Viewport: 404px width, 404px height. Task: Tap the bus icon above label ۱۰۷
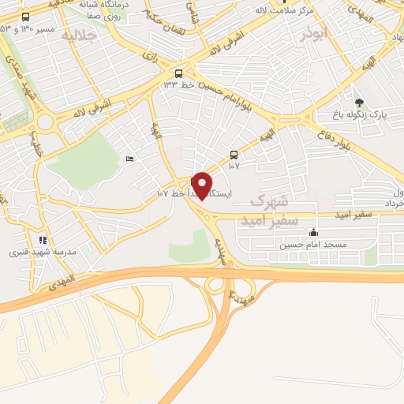tap(233, 155)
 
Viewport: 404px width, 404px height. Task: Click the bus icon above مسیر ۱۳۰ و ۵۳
tap(26, 17)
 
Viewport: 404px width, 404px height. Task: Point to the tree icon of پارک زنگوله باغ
tap(359, 103)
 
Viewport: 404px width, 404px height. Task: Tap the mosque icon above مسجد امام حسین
tap(314, 232)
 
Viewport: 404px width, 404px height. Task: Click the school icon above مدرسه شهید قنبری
tap(43, 240)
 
